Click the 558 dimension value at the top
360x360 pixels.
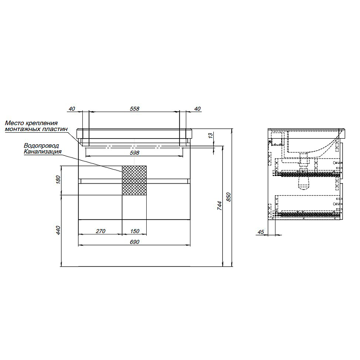tap(135, 108)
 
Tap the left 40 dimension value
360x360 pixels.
tap(72, 108)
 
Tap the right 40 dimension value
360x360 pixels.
tap(197, 108)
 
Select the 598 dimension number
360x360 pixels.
tap(135, 153)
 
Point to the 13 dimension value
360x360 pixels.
tap(211, 135)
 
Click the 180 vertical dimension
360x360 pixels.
tap(58, 179)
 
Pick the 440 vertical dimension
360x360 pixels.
tap(58, 230)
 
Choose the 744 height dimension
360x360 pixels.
tap(220, 206)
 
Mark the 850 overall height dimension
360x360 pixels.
tap(229, 197)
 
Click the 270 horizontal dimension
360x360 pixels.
tap(100, 231)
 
